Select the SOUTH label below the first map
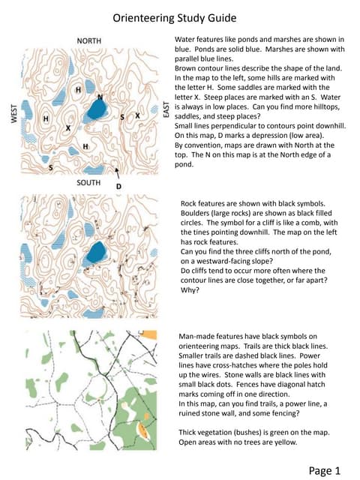pyautogui.click(x=91, y=182)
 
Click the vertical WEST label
pyautogui.click(x=13, y=112)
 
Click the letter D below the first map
pyautogui.click(x=118, y=185)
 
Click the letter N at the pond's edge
pyautogui.click(x=100, y=97)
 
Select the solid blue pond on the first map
pyautogui.click(x=95, y=111)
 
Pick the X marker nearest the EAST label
pyautogui.click(x=137, y=116)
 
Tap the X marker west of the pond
pyautogui.click(x=68, y=128)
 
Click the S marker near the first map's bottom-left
pyautogui.click(x=50, y=168)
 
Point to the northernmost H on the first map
pyautogui.click(x=78, y=90)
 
